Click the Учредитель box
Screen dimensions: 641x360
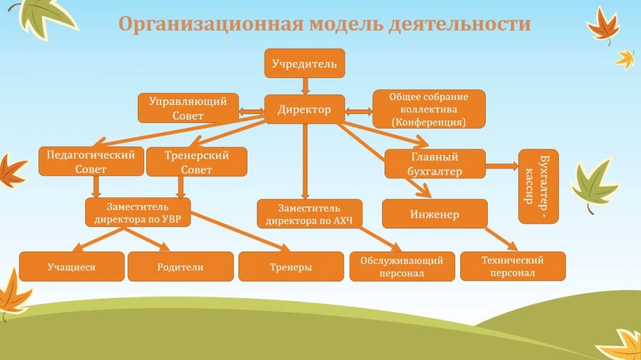point(304,63)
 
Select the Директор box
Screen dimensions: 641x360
point(304,109)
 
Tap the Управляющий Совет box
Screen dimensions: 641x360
point(188,108)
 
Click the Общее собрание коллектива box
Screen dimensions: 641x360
point(429,109)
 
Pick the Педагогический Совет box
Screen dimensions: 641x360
point(91,161)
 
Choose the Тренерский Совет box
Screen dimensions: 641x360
point(197,162)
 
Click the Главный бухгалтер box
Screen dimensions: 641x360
point(435,164)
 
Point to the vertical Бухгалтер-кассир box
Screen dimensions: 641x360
point(538,186)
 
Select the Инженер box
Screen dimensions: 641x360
point(435,214)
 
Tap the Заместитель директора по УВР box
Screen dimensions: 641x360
point(138,213)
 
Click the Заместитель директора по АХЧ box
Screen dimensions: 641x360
point(310,214)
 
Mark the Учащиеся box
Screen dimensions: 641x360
point(72,266)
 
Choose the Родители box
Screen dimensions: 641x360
point(181,266)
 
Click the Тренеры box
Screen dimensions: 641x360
point(291,266)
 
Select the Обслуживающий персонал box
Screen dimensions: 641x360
point(402,266)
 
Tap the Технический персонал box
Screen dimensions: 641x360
point(513,266)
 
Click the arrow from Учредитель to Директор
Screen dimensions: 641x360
point(305,86)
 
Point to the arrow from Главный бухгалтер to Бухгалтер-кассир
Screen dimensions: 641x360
point(502,165)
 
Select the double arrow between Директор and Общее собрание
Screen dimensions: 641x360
point(359,111)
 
